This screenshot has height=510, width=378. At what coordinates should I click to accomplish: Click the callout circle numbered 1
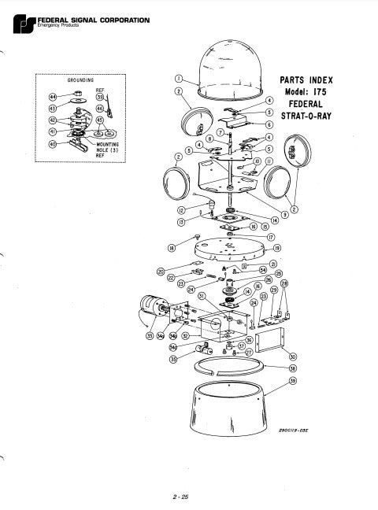click(179, 79)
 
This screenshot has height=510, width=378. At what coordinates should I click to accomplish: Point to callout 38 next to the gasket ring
click(293, 368)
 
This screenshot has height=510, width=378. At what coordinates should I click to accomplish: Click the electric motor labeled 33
click(151, 308)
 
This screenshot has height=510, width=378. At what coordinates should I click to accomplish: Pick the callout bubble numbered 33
click(150, 336)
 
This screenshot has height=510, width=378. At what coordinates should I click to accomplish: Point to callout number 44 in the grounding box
click(54, 94)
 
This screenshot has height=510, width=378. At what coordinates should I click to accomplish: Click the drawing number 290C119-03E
click(295, 430)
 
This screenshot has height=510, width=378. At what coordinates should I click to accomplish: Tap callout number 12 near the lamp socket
click(180, 210)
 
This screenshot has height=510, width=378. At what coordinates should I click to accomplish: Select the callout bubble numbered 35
click(173, 359)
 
